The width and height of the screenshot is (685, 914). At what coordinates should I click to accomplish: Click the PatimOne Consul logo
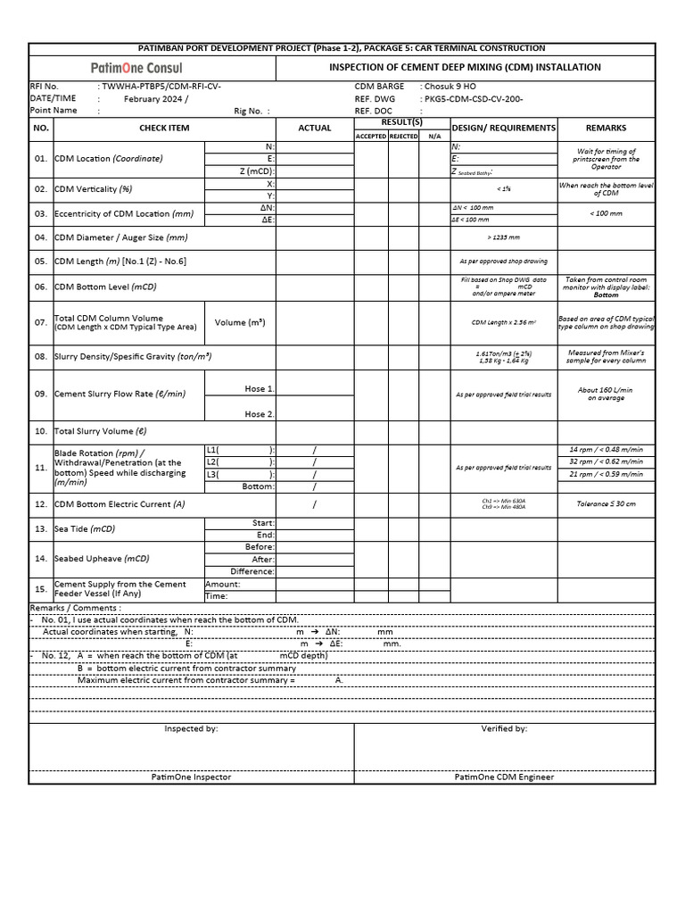tap(136, 68)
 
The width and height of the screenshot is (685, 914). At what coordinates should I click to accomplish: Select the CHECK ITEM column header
tap(164, 129)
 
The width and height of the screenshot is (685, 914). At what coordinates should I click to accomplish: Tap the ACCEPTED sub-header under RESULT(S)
tap(371, 136)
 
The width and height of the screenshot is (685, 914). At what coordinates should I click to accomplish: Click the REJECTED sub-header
tap(403, 136)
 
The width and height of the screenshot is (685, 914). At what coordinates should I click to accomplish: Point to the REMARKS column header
tap(606, 129)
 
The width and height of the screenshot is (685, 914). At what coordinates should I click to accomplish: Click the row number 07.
tap(40, 322)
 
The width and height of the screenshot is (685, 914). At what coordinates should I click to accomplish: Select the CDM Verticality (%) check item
tap(94, 189)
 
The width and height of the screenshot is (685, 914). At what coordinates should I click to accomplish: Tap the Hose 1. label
tap(260, 389)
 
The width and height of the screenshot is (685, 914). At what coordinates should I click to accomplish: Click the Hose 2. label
tap(260, 414)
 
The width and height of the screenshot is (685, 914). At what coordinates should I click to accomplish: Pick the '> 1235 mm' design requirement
tap(503, 237)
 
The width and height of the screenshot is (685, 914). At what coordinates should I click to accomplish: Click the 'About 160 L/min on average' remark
tap(606, 394)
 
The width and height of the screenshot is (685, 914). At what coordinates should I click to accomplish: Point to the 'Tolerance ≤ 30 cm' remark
tap(606, 503)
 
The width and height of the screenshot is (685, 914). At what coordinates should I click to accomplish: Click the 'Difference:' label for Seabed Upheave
tap(252, 571)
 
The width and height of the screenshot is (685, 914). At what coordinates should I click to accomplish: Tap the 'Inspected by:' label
tap(191, 728)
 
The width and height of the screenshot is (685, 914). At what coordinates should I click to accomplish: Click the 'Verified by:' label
tap(504, 728)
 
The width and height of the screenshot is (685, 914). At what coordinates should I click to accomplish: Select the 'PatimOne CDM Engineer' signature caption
tap(504, 777)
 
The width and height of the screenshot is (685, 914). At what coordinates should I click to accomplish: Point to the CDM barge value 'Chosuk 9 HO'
tap(450, 87)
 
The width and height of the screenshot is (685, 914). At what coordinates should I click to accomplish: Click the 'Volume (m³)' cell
tap(240, 322)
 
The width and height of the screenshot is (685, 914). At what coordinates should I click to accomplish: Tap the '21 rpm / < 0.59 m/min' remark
tap(606, 474)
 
